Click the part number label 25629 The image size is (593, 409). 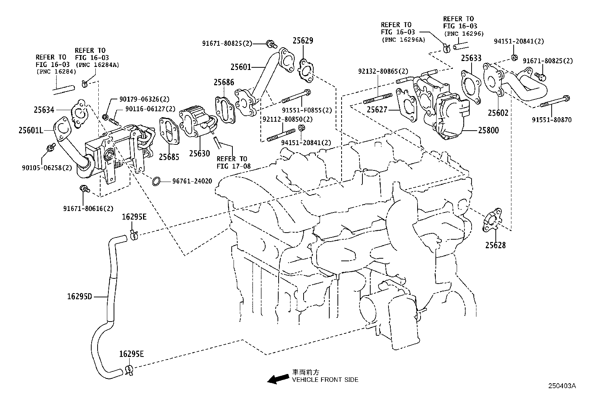click(302, 41)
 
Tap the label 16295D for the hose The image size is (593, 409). click(79, 297)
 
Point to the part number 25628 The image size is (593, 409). click(495, 245)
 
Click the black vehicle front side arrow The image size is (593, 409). click(278, 379)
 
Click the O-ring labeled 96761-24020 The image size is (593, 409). click(156, 182)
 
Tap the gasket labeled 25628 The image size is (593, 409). click(492, 222)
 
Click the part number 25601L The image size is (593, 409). click(31, 130)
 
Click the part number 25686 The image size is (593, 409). click(224, 82)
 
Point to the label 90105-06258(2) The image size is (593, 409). click(47, 167)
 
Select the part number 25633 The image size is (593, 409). click(471, 58)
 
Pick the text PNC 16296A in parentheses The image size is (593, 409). click(403, 39)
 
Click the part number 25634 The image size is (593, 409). click(44, 110)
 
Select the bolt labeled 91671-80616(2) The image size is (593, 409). click(84, 189)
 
